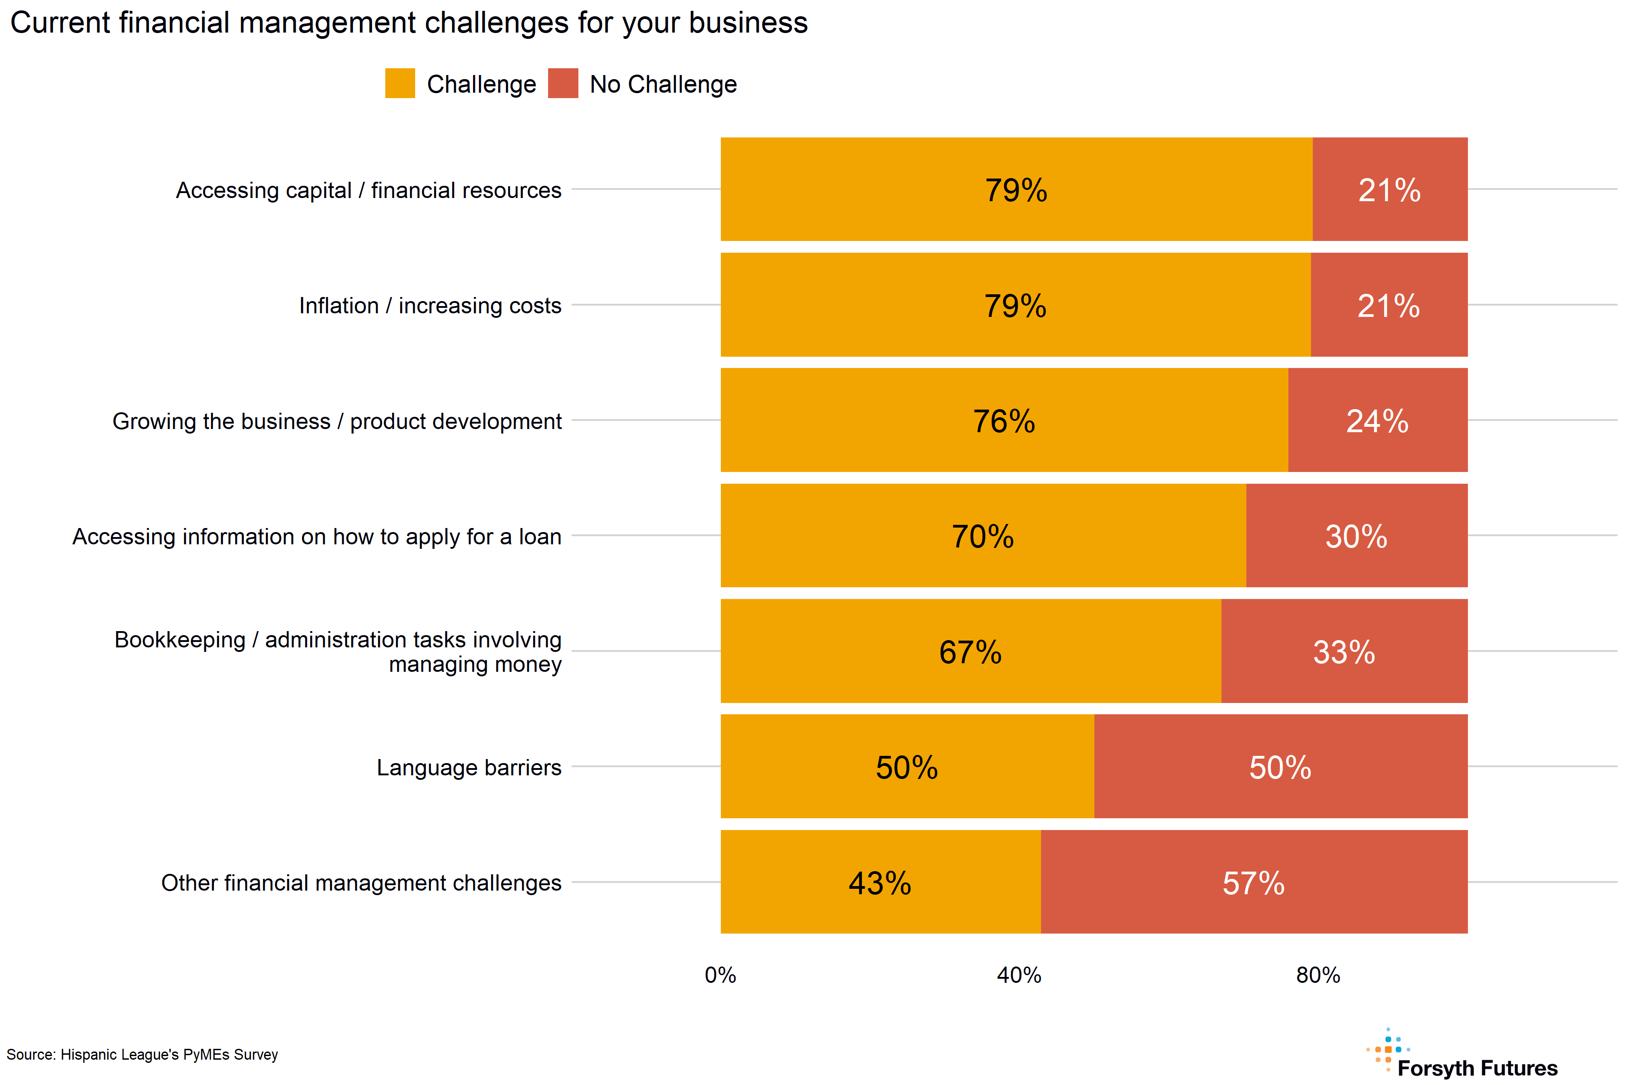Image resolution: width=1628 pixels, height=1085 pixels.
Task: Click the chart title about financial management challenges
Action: pyautogui.click(x=408, y=23)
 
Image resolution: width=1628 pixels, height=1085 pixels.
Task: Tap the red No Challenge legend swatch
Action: pyautogui.click(x=563, y=83)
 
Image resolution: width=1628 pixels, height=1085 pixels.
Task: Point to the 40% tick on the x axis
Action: pyautogui.click(x=1018, y=975)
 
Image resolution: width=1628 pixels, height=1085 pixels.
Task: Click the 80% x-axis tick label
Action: pyautogui.click(x=1317, y=975)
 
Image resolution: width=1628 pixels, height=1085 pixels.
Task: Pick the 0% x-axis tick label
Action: pyautogui.click(x=720, y=975)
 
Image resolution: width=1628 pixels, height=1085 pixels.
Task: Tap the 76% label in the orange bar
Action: pyautogui.click(x=1003, y=421)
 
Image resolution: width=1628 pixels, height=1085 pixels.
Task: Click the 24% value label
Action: pyautogui.click(x=1377, y=421)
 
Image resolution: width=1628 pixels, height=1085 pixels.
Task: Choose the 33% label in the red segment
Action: pyautogui.click(x=1344, y=652)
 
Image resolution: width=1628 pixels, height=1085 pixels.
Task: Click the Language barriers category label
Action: pyautogui.click(x=469, y=767)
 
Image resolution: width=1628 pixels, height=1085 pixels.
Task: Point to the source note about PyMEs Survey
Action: pyautogui.click(x=142, y=1055)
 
